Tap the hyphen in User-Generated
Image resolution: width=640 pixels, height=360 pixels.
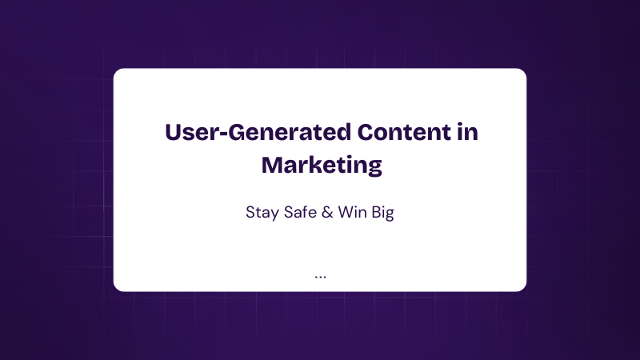click(224, 134)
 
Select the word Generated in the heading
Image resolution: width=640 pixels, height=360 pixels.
click(290, 132)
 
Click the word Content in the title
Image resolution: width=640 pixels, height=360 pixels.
click(404, 132)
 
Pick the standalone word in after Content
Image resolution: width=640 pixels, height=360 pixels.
click(468, 131)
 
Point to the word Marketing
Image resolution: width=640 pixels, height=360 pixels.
click(322, 166)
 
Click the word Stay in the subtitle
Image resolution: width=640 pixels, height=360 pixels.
click(262, 213)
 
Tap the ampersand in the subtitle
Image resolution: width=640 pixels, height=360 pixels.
click(327, 212)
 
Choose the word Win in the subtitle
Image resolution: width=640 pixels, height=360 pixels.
click(352, 212)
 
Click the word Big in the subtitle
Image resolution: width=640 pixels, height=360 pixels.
click(383, 213)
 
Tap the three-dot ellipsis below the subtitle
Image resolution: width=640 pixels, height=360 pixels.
click(321, 278)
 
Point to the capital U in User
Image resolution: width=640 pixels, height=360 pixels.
click(173, 132)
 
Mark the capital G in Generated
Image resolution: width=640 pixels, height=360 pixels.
click(237, 132)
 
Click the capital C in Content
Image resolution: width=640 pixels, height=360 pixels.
click(366, 132)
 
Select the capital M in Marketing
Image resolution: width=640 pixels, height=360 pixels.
click(272, 165)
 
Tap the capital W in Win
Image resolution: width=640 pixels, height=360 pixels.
click(346, 212)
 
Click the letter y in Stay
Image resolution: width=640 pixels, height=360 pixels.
click(274, 214)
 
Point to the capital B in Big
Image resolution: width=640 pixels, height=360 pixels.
click(376, 212)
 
